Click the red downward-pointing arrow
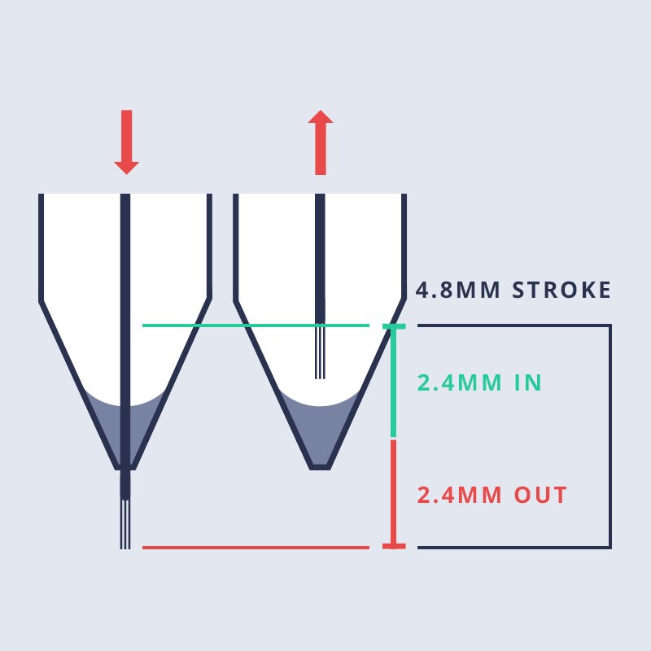point(127,142)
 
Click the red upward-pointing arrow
point(321,142)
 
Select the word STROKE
point(561,290)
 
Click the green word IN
point(527,382)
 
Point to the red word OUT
point(540,495)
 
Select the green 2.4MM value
point(459,382)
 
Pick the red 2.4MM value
point(459,495)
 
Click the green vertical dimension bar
point(394,382)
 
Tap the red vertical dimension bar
point(394,492)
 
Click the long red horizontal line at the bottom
point(256,548)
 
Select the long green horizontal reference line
point(256,325)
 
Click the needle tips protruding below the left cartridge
point(125,524)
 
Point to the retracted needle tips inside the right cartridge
point(320,352)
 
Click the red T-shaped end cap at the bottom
point(394,546)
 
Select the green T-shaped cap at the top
point(394,327)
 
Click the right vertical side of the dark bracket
point(609,436)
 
